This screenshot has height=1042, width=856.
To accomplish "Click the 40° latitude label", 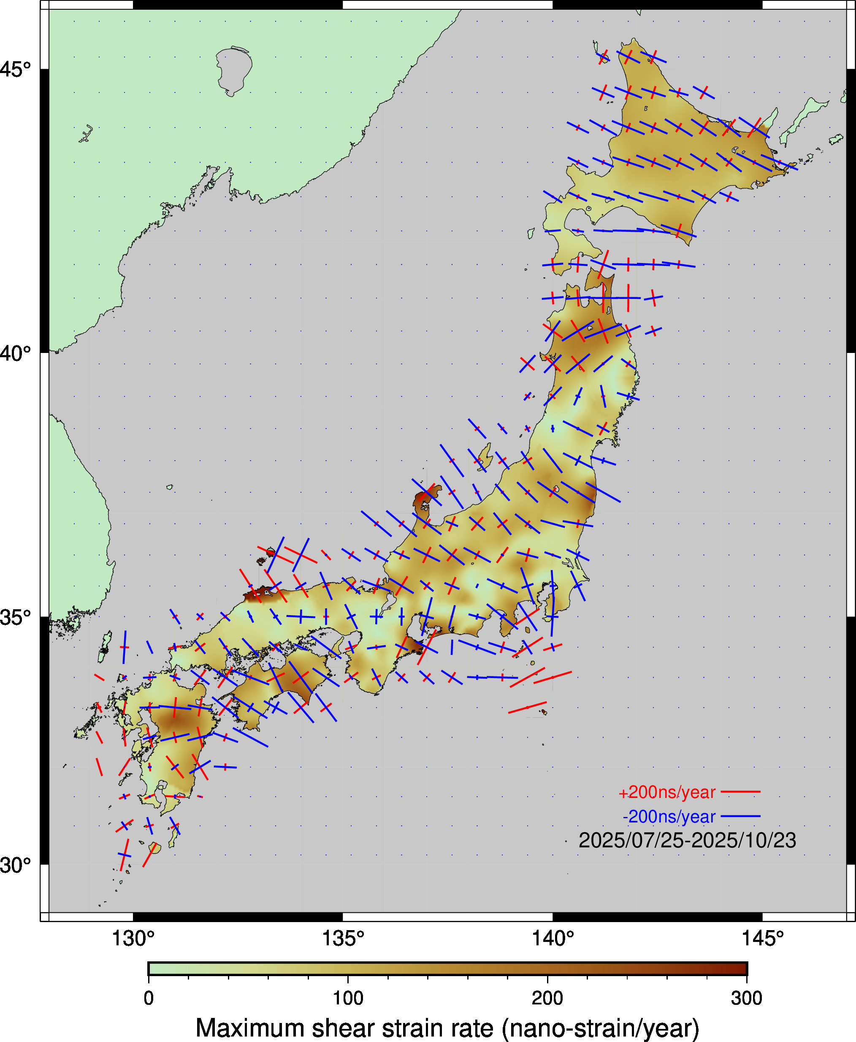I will pos(15,353).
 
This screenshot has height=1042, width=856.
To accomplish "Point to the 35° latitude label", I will pos(15,617).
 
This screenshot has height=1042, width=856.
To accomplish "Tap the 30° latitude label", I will pos(15,865).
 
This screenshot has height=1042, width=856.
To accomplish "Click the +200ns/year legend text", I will pos(666,792).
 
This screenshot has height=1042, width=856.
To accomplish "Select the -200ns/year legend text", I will pos(669,817).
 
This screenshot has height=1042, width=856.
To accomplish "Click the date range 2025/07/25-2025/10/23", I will pos(687,840).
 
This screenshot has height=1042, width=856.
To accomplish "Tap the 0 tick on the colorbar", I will pos(149,998).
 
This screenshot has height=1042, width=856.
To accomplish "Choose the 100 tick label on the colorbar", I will pos(348,998).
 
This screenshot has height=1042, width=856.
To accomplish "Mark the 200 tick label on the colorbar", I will pos(547,998).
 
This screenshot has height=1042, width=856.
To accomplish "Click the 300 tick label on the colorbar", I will pos(747,998).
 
